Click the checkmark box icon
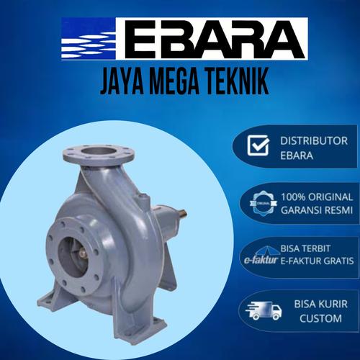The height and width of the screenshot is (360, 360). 258,146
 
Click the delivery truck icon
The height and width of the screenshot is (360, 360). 258,310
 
